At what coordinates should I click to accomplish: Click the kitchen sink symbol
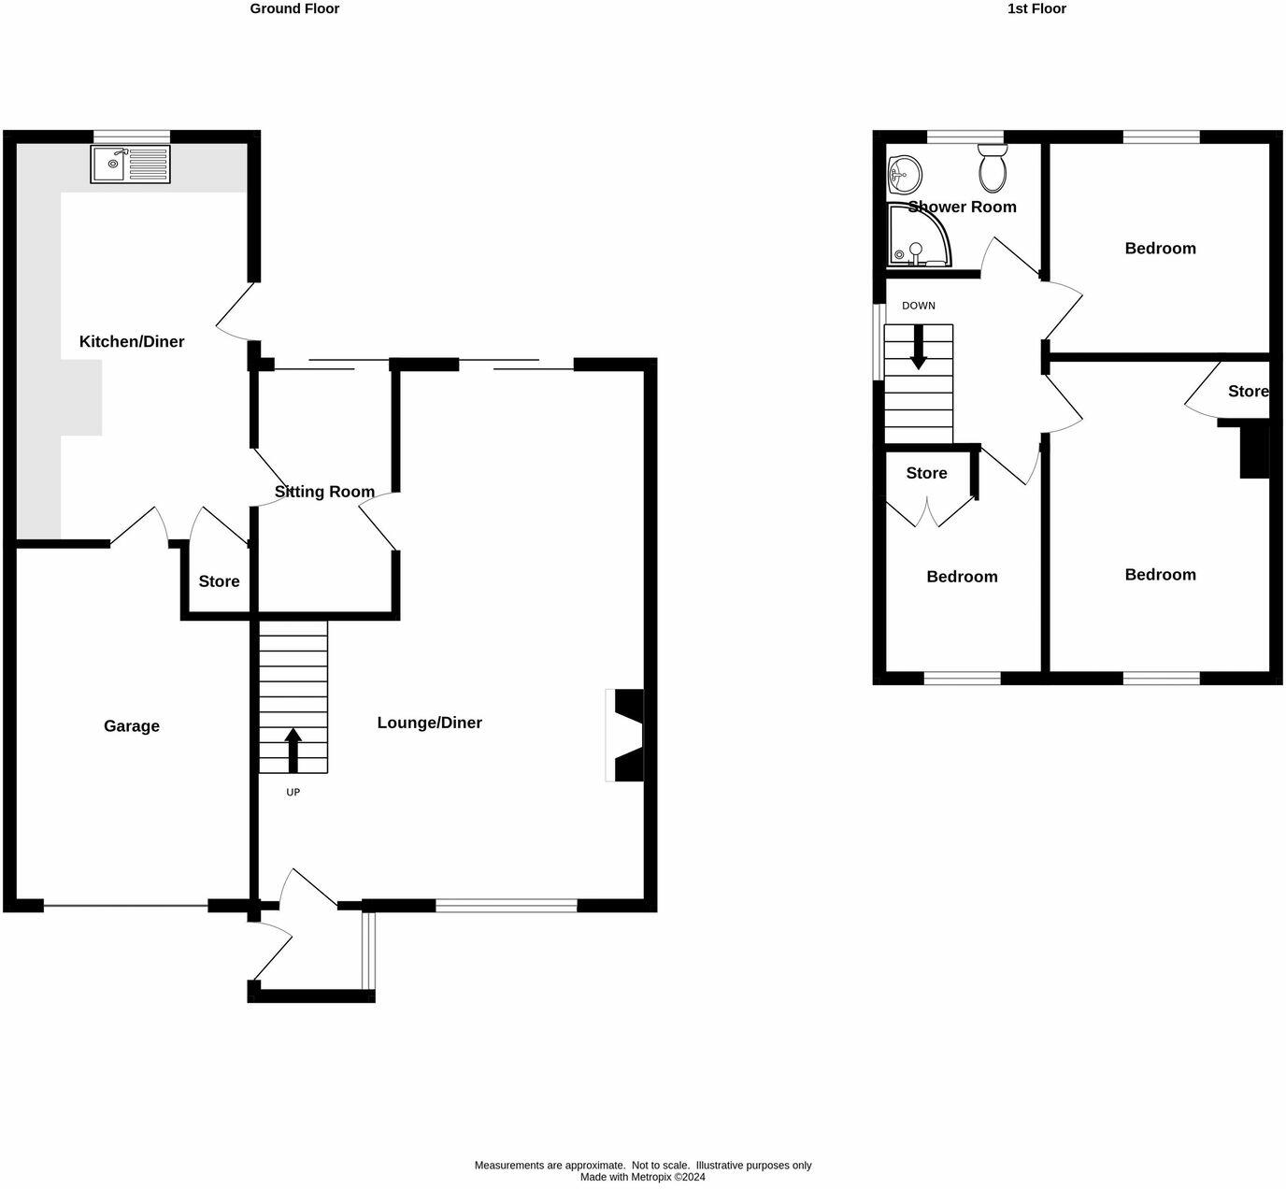(x=131, y=165)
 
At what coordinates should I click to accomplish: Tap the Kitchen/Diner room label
(x=132, y=342)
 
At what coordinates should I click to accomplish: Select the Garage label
(x=132, y=726)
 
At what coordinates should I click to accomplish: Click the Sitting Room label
(x=324, y=492)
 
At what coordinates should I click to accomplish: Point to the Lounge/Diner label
(x=430, y=723)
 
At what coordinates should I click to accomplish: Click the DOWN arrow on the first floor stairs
(x=919, y=346)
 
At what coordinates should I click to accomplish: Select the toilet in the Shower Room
(x=992, y=168)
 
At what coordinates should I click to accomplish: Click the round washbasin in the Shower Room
(x=904, y=173)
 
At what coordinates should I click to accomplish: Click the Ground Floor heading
(x=294, y=8)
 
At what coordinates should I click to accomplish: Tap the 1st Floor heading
(x=1036, y=8)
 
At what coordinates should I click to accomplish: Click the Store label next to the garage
(x=220, y=581)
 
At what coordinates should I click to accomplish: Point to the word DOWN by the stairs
(x=919, y=306)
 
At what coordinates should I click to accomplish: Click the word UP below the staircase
(x=293, y=792)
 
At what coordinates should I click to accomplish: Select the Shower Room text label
(x=962, y=207)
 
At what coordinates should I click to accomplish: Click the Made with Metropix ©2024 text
(x=643, y=1177)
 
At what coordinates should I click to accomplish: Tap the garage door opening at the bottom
(x=125, y=905)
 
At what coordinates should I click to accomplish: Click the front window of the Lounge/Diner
(x=507, y=905)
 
